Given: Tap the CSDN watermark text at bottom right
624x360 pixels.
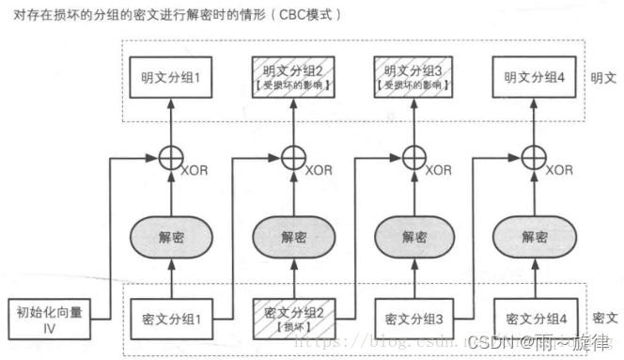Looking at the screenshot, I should click(x=539, y=341).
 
